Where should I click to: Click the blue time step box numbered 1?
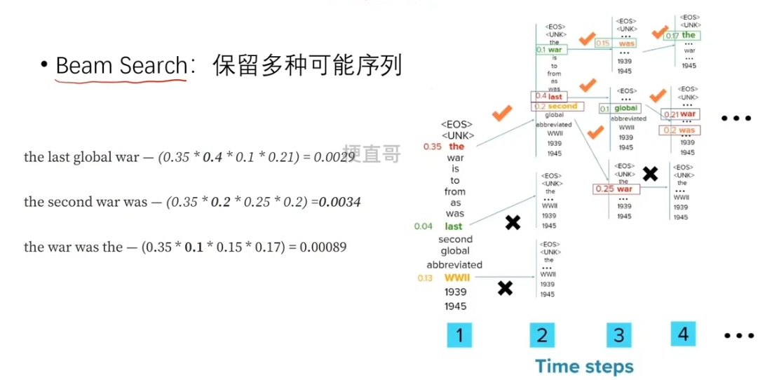pyautogui.click(x=459, y=335)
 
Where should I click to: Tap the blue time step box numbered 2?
pyautogui.click(x=541, y=335)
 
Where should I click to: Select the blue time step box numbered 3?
pyautogui.click(x=619, y=335)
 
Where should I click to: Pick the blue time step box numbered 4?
pyautogui.click(x=684, y=334)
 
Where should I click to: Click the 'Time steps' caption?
pyautogui.click(x=584, y=366)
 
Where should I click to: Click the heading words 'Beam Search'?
pyautogui.click(x=121, y=66)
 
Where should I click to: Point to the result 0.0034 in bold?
pyautogui.click(x=340, y=203)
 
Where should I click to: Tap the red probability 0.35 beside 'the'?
pyautogui.click(x=432, y=147)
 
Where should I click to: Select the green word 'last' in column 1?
pyautogui.click(x=454, y=226)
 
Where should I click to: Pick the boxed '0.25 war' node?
pyautogui.click(x=614, y=189)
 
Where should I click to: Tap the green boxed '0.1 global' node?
pyautogui.click(x=619, y=109)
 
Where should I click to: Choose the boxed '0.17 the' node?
pyautogui.click(x=681, y=36)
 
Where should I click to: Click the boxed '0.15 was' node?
pyautogui.click(x=616, y=43)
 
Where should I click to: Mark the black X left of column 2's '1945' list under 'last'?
pyautogui.click(x=513, y=222)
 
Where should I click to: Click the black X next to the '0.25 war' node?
pyautogui.click(x=650, y=173)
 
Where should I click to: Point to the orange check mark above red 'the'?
pyautogui.click(x=503, y=113)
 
